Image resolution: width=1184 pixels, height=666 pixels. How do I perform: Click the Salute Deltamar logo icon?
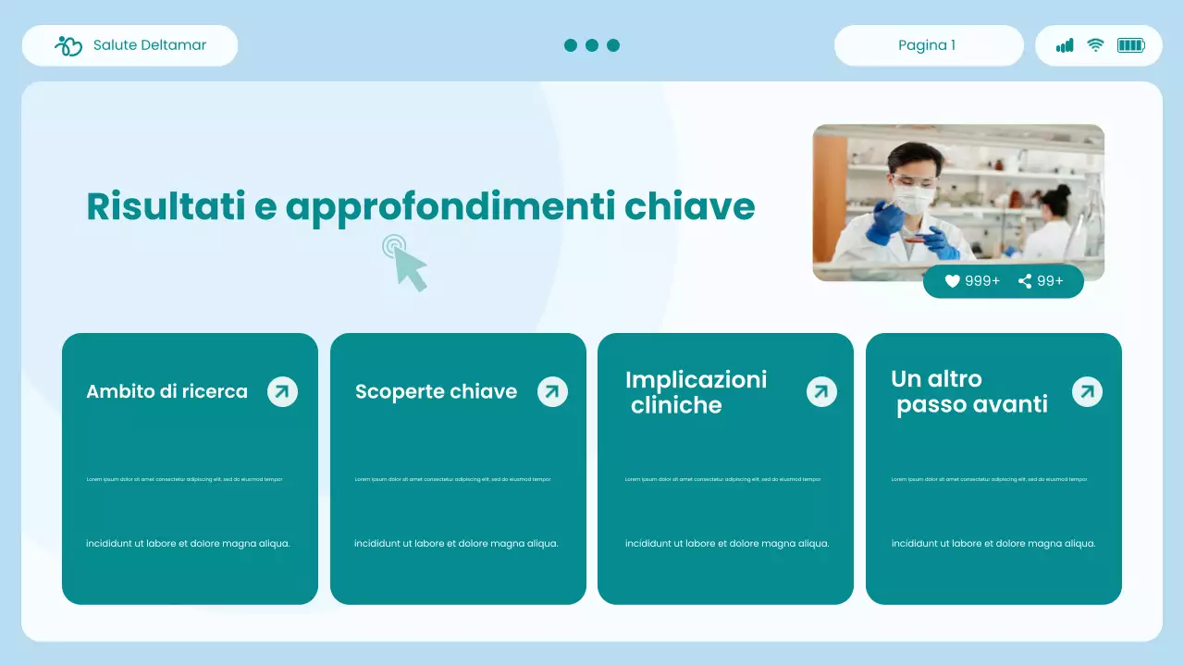tap(68, 45)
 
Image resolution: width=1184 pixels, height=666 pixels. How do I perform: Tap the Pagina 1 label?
tap(927, 45)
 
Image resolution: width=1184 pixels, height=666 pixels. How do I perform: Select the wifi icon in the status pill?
tap(1095, 45)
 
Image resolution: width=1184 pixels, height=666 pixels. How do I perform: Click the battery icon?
tap(1130, 45)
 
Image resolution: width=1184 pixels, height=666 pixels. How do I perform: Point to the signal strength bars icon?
tap(1065, 45)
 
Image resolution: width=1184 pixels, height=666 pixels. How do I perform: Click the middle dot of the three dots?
tap(592, 45)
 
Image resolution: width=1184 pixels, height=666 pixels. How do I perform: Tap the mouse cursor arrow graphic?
tap(408, 265)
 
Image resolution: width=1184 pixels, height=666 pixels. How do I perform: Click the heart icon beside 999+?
tap(952, 281)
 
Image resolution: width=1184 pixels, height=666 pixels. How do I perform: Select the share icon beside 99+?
tap(1025, 281)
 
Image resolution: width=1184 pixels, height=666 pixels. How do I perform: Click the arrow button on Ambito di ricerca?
tap(282, 391)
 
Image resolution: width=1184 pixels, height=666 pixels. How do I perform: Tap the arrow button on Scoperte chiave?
tap(552, 391)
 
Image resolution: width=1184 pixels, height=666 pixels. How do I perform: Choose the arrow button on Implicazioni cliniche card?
tap(820, 391)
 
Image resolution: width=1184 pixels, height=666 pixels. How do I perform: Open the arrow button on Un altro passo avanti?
tap(1087, 391)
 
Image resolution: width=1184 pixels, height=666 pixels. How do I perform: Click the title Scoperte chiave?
tap(436, 391)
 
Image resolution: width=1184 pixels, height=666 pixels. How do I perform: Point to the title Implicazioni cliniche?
tap(696, 392)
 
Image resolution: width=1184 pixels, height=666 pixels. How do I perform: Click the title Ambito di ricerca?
tap(166, 391)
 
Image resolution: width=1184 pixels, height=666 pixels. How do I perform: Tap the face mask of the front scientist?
tap(913, 199)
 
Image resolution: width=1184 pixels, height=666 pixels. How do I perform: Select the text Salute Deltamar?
tap(150, 45)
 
